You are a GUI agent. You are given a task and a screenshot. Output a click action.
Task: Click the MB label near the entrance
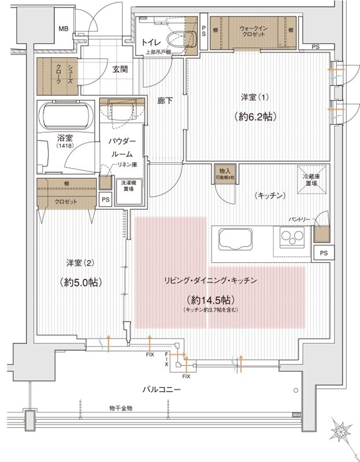click(64, 29)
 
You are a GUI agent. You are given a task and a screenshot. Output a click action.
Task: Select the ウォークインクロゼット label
click(251, 31)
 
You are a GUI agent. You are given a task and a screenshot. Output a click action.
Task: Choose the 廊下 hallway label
click(165, 101)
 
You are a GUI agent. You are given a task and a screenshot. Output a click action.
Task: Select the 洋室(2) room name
click(81, 262)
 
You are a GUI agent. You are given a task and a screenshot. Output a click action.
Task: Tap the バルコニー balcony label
click(162, 390)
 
